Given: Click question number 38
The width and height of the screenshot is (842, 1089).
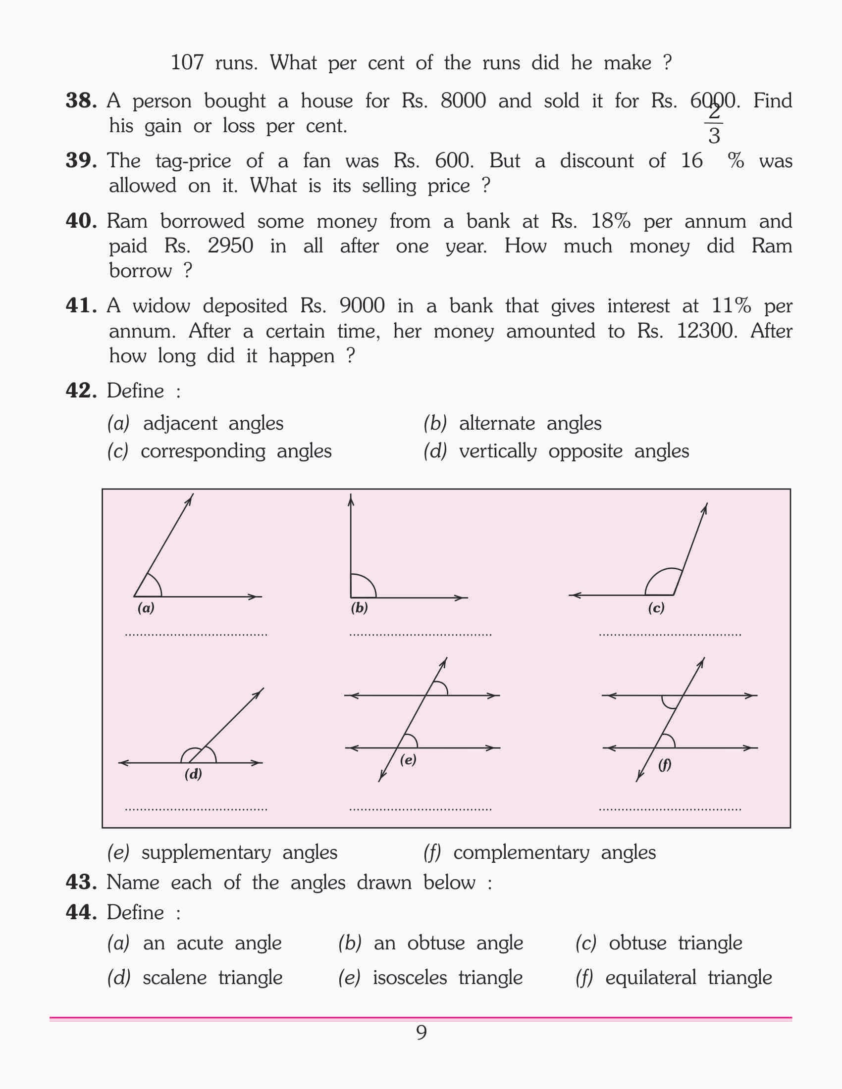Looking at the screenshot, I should [x=81, y=100].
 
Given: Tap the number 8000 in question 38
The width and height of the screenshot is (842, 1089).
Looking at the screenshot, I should [x=463, y=100].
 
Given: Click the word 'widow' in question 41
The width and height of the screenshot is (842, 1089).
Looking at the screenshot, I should [x=161, y=305].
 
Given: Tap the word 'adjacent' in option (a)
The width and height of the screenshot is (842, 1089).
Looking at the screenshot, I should [x=180, y=423].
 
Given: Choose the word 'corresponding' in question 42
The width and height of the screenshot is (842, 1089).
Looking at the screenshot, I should [x=203, y=451].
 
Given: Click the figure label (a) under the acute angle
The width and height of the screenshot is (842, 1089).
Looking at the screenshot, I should [x=146, y=608].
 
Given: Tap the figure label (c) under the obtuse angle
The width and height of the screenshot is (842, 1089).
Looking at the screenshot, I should [x=656, y=608].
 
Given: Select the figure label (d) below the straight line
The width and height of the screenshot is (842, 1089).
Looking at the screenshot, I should [x=193, y=774].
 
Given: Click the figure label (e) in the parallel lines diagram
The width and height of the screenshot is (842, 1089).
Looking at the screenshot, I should [x=408, y=760].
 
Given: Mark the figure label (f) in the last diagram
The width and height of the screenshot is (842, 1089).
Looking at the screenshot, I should [x=664, y=764].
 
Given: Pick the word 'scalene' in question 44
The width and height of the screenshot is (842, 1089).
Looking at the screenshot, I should [x=174, y=978].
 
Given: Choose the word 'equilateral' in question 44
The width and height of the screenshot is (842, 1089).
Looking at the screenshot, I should [x=650, y=978].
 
